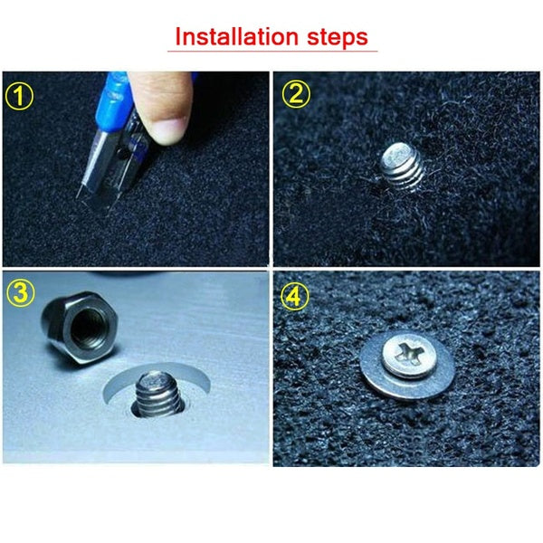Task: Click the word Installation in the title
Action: point(236,36)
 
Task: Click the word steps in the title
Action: point(338,38)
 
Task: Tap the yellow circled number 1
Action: point(19,96)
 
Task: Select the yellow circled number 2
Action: point(296,94)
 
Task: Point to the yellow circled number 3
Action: point(21,293)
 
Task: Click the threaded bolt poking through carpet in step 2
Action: point(403,167)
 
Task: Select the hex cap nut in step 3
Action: point(81,327)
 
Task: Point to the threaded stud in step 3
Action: point(157,394)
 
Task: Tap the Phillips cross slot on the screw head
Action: point(410,353)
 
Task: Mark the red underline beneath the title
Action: point(272,52)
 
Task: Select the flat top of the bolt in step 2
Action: point(401,152)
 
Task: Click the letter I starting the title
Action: point(178,36)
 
